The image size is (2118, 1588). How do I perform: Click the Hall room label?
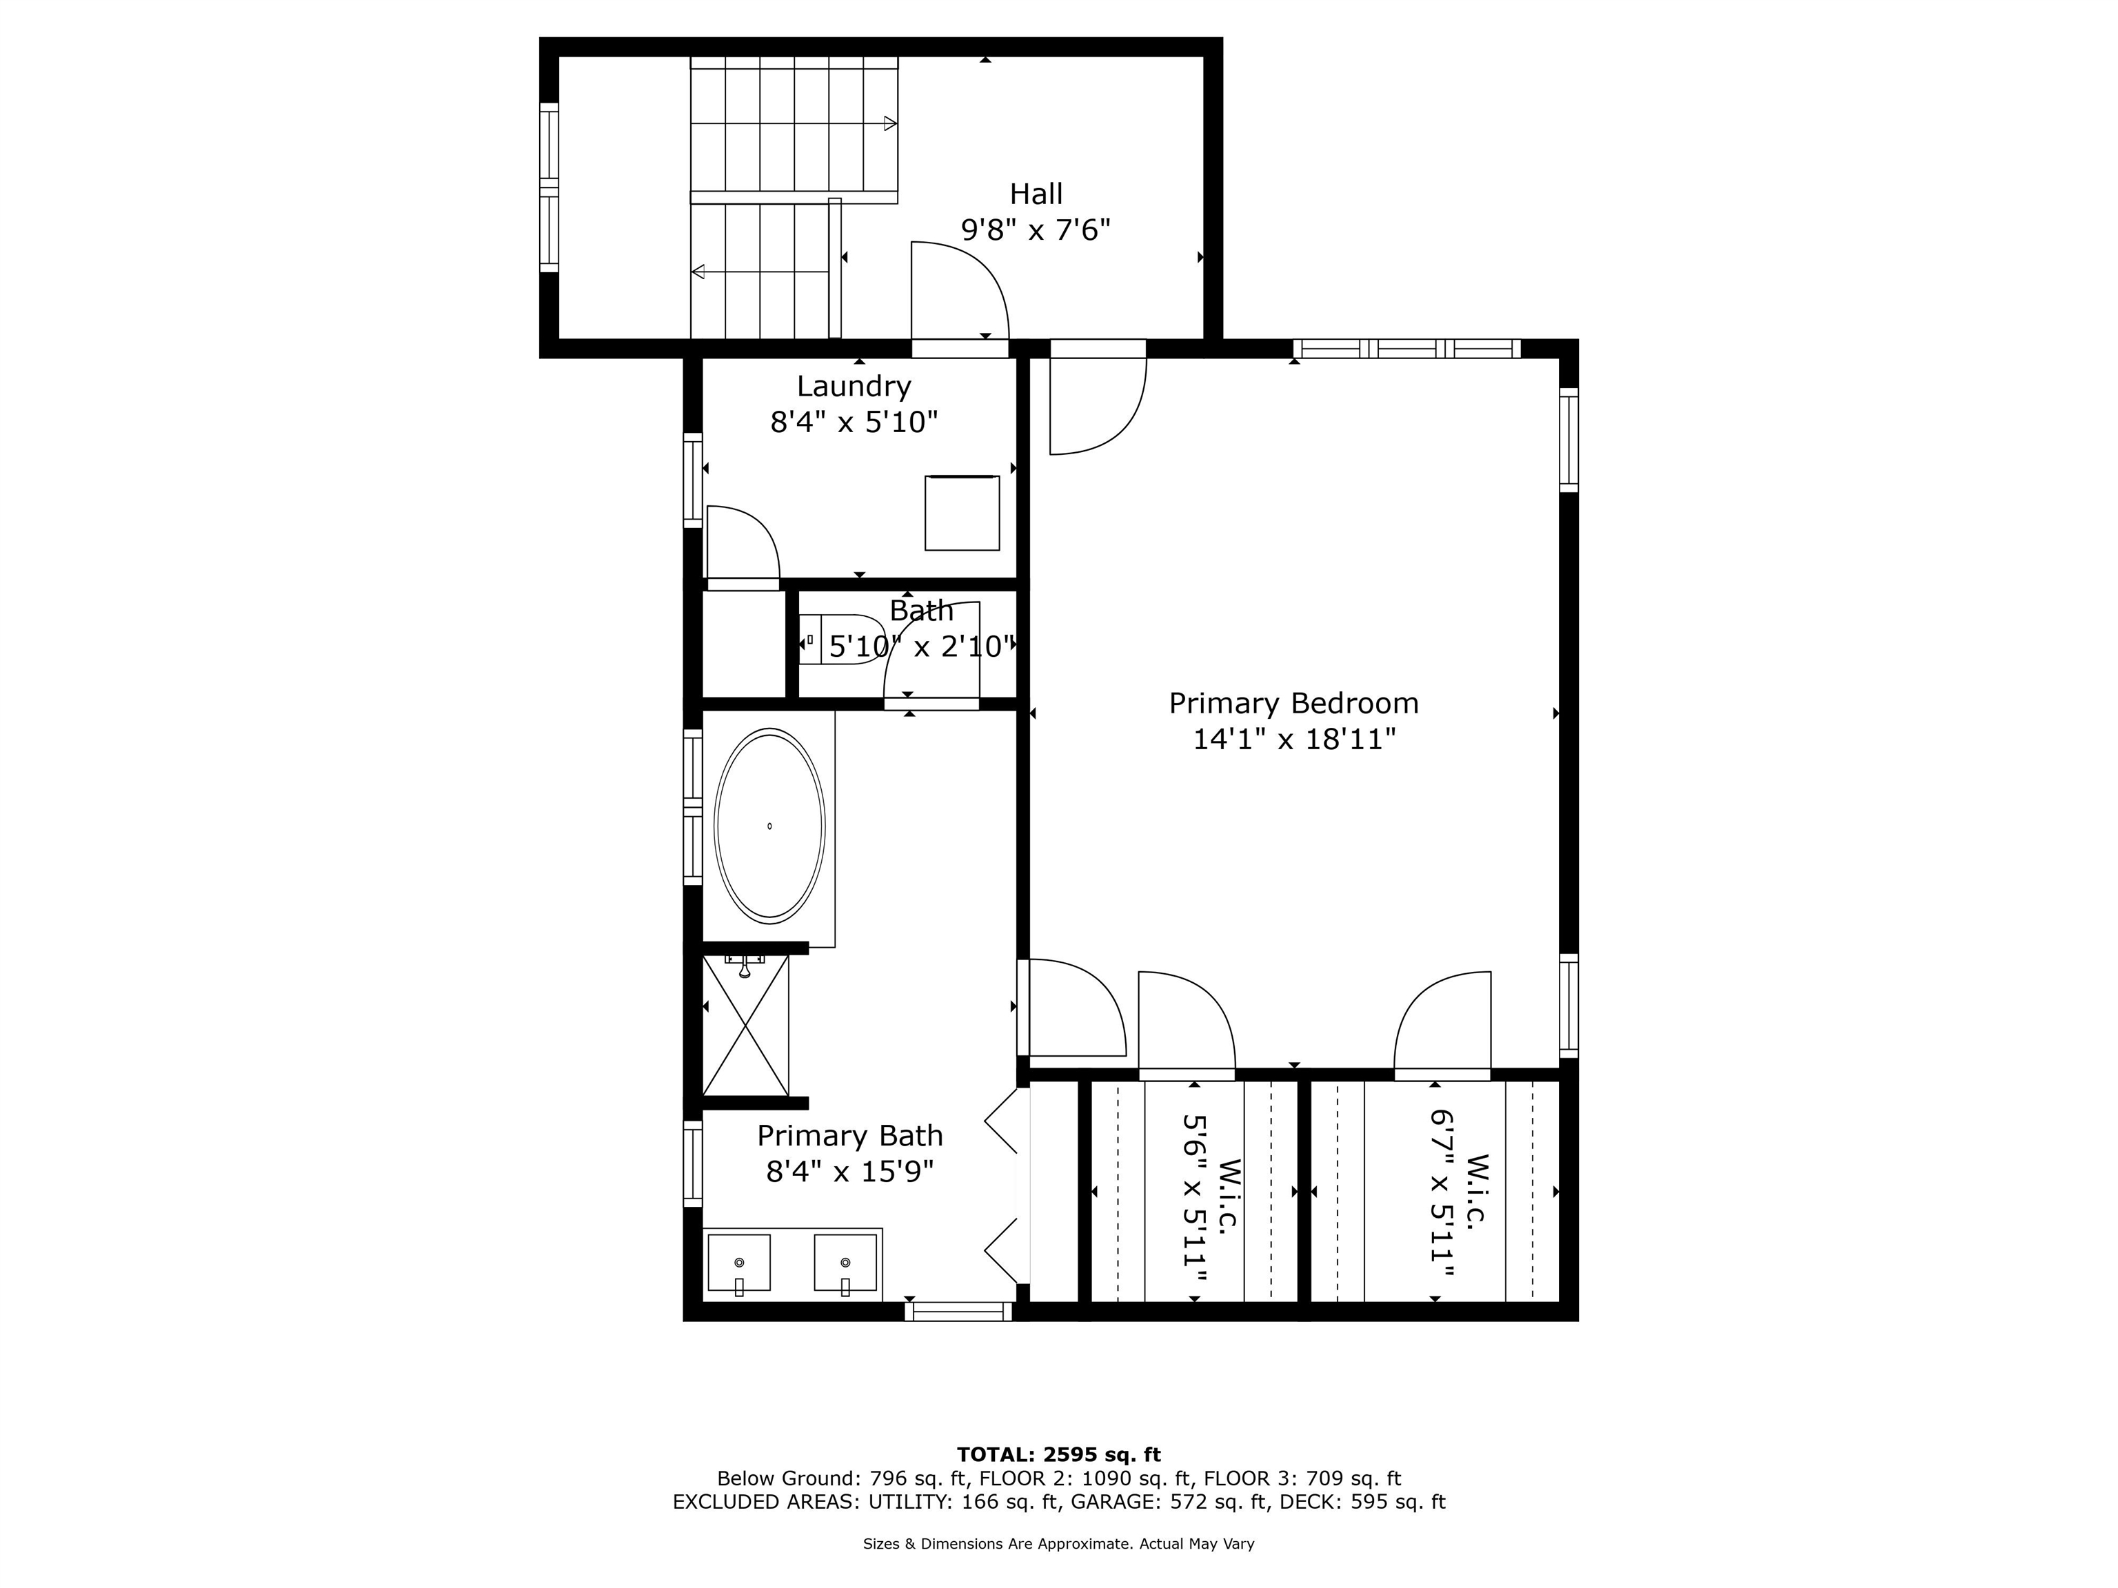tap(1036, 194)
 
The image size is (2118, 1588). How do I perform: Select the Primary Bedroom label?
tap(1293, 704)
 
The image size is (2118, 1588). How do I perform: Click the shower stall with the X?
tap(746, 1025)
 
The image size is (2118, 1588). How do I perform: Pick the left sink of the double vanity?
tap(738, 1263)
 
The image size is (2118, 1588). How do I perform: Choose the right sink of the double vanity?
tap(845, 1263)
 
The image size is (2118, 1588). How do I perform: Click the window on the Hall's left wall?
tap(549, 187)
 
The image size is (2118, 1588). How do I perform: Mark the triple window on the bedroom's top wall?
tap(1406, 349)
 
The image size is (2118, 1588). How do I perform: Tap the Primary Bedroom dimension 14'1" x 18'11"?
tap(1293, 740)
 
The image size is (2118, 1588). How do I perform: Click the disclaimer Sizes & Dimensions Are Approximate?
tap(997, 1544)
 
